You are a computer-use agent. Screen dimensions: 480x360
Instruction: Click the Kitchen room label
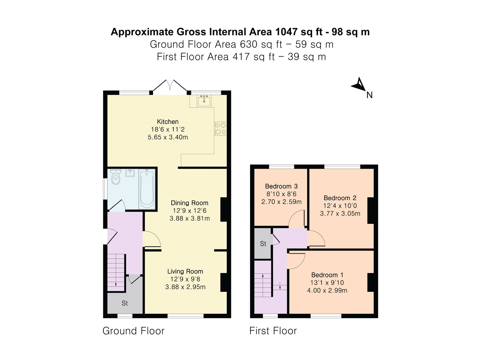[168, 121]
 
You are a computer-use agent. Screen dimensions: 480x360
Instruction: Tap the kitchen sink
[204, 101]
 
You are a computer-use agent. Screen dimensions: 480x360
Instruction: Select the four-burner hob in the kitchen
[220, 128]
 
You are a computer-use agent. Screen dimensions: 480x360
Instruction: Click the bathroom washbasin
[130, 173]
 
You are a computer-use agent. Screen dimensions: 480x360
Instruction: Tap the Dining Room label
[189, 203]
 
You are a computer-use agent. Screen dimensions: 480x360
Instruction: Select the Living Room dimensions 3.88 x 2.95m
[185, 287]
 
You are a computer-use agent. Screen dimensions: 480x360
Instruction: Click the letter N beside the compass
[369, 95]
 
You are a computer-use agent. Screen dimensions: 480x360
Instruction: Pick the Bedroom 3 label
[281, 186]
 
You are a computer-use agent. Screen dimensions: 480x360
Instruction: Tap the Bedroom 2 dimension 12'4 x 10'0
[340, 205]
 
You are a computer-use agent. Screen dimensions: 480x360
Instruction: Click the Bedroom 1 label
[327, 275]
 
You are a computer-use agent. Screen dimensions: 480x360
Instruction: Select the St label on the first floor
[263, 244]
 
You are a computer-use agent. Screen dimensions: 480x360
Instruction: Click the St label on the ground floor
[124, 303]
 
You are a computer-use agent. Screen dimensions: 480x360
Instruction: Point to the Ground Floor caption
[133, 331]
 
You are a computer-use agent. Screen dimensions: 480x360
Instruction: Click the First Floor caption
[273, 331]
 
